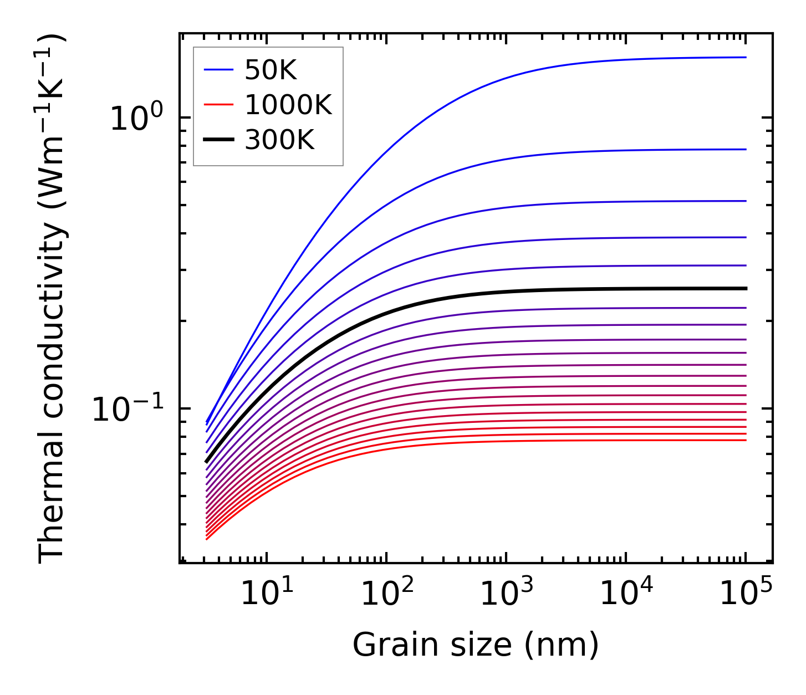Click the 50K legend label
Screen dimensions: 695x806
271,70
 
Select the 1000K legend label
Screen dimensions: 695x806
288,105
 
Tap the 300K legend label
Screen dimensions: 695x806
279,140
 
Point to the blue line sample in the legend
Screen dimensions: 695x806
218,70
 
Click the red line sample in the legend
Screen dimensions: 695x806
218,105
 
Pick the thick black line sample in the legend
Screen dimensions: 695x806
218,140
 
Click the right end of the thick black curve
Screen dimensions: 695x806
746,288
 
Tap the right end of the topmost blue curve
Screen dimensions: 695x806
746,57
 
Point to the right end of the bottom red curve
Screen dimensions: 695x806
746,440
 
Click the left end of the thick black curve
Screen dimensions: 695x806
206,461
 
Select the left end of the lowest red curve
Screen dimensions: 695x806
206,539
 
